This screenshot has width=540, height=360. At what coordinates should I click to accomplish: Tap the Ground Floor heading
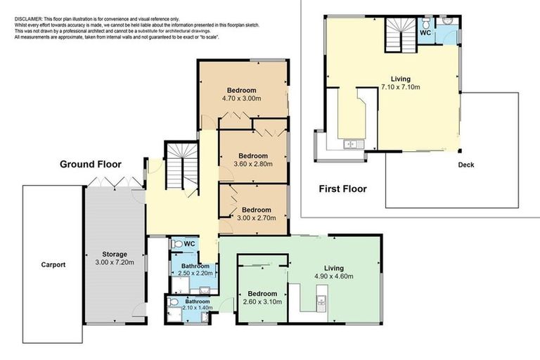(x=90, y=165)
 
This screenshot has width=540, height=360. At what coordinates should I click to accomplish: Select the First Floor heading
(x=342, y=188)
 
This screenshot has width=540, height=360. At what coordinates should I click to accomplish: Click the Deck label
(x=465, y=165)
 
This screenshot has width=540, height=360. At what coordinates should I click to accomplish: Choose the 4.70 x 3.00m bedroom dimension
(x=241, y=99)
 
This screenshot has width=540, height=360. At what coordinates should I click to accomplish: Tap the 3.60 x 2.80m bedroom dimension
(x=253, y=164)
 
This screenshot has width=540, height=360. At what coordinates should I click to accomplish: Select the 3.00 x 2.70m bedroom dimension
(x=253, y=218)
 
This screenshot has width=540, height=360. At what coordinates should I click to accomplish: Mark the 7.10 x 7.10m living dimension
(x=400, y=87)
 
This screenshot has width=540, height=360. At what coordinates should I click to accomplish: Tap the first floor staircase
(x=400, y=36)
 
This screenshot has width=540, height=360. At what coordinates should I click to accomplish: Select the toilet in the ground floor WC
(x=177, y=244)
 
